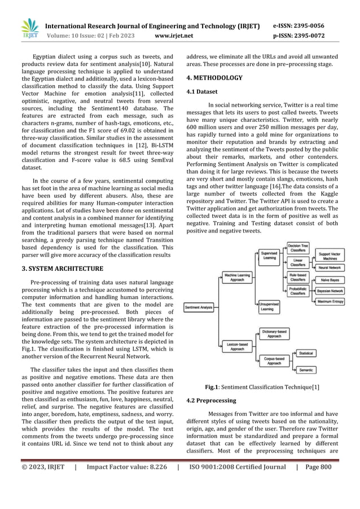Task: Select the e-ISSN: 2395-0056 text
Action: pyautogui.click(x=307, y=26)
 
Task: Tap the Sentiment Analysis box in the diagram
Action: pyautogui.click(x=199, y=307)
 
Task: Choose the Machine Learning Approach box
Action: pyautogui.click(x=238, y=277)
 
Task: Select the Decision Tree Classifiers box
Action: pyautogui.click(x=297, y=248)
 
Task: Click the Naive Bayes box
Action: pyautogui.click(x=333, y=279)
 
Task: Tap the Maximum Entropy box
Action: pyautogui.click(x=333, y=302)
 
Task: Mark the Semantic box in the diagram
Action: pyautogui.click(x=306, y=370)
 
